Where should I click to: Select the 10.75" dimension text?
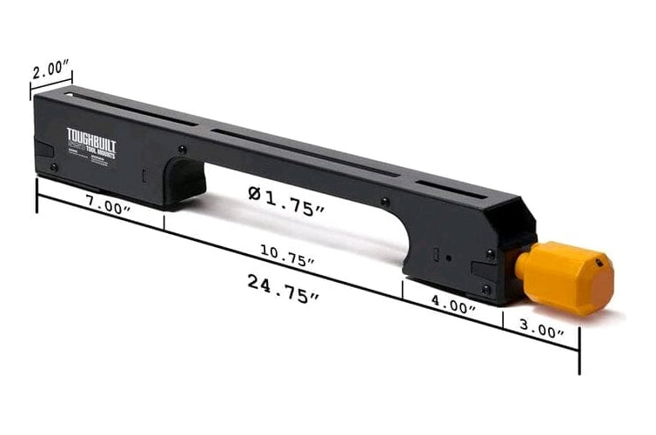coord(287,255)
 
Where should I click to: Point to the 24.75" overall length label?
coord(282,288)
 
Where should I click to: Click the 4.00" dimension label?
coord(452,306)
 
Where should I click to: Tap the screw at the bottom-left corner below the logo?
coord(53,166)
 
